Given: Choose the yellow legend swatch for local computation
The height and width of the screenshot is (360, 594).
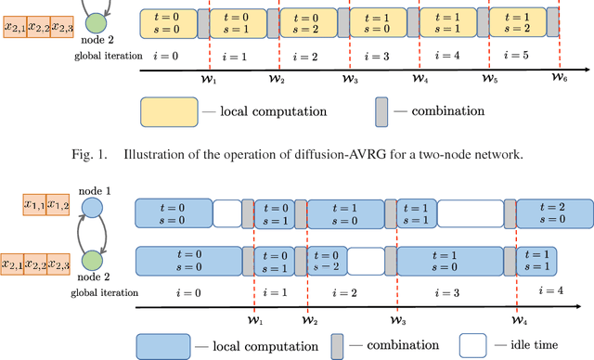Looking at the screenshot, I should tap(170, 111).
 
